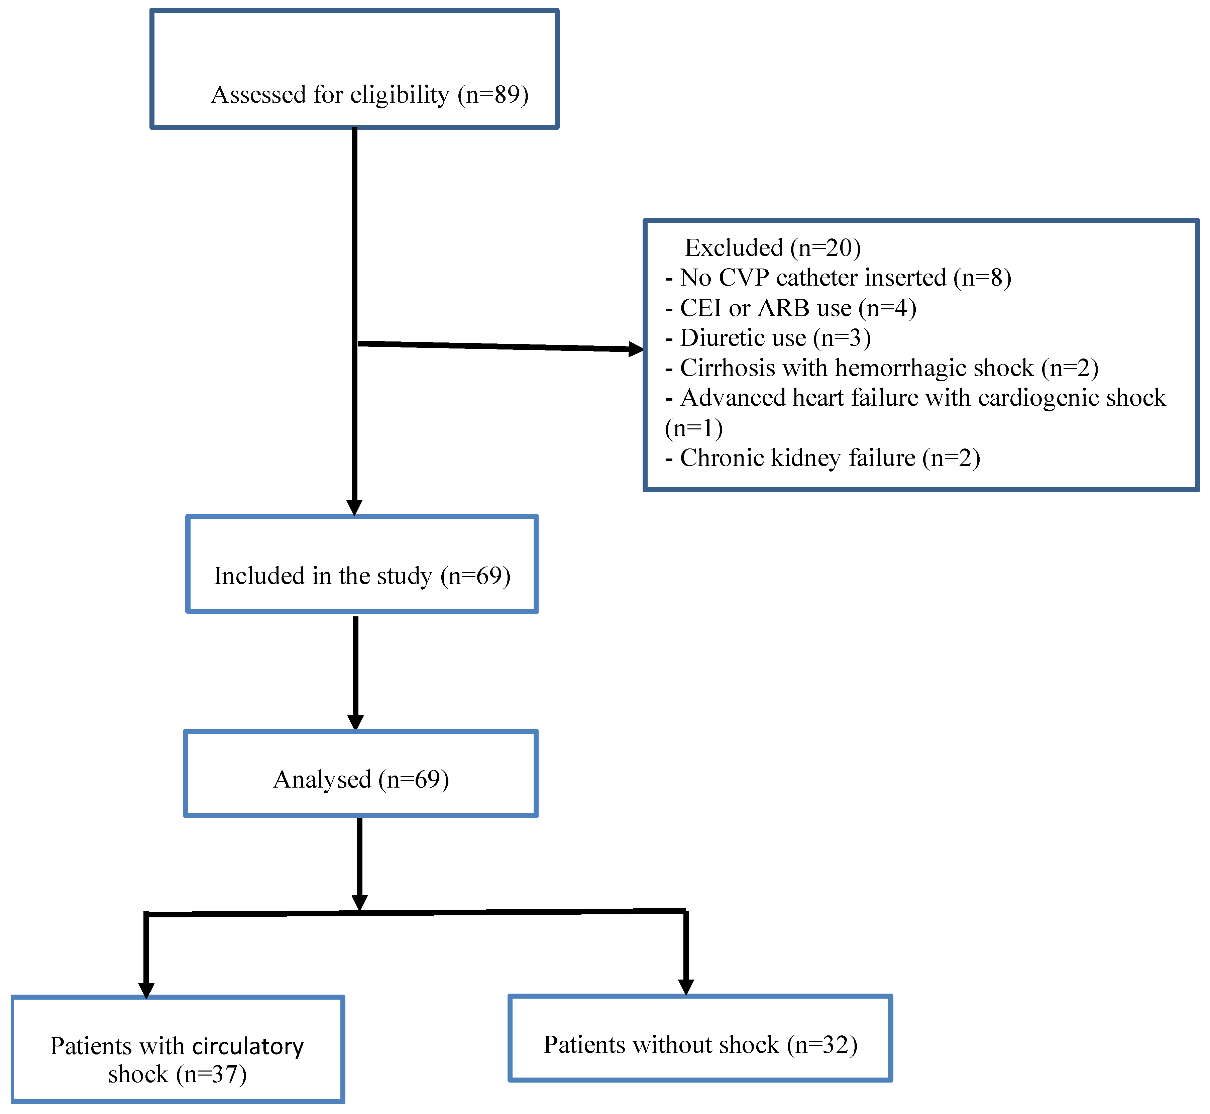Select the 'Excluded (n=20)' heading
point(773,248)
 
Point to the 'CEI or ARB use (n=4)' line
point(791,308)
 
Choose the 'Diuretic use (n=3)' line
point(768,338)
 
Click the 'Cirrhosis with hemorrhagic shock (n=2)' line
point(882,368)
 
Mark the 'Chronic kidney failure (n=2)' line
point(822,458)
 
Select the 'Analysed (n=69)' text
point(361,780)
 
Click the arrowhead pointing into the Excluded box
point(636,349)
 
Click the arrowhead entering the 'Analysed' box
point(355,722)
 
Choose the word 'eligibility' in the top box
point(400,95)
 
